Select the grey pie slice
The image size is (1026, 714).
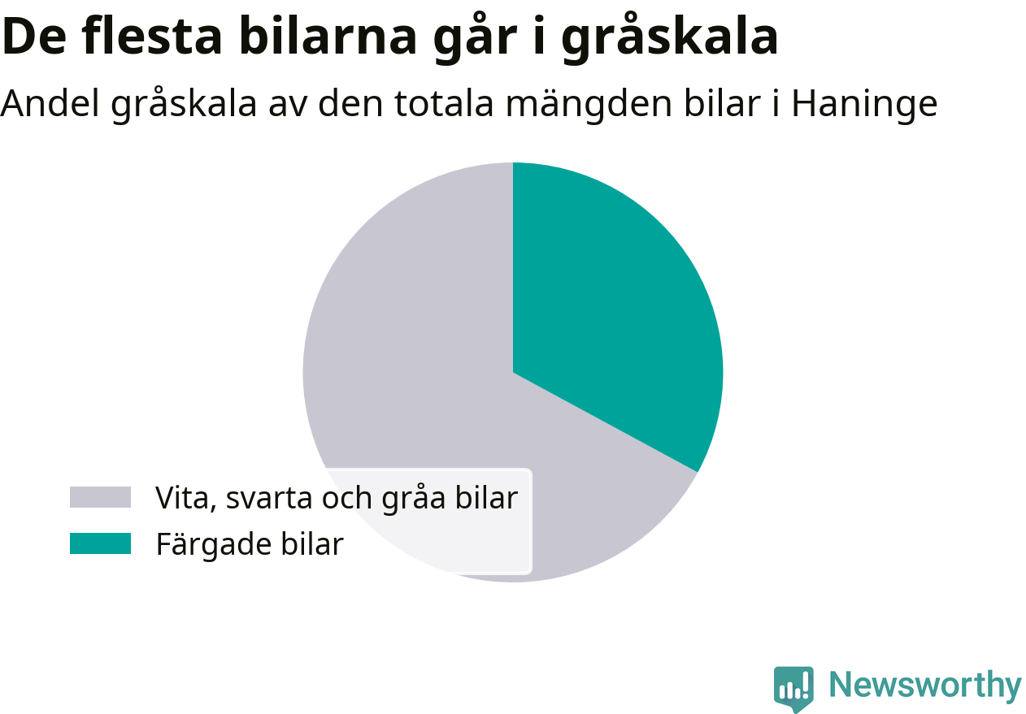(403, 366)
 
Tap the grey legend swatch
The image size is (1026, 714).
(100, 497)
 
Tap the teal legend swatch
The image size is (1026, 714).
(100, 543)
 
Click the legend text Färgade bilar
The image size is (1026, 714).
(250, 543)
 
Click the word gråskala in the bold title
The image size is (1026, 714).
(670, 37)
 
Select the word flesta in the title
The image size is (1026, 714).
(152, 36)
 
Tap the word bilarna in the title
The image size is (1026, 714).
(328, 36)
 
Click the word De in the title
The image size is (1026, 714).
(34, 37)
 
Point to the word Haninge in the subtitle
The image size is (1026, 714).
(865, 104)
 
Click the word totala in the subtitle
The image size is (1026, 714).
(444, 103)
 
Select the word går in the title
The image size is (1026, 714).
(475, 37)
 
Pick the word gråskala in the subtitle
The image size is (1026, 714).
(184, 104)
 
